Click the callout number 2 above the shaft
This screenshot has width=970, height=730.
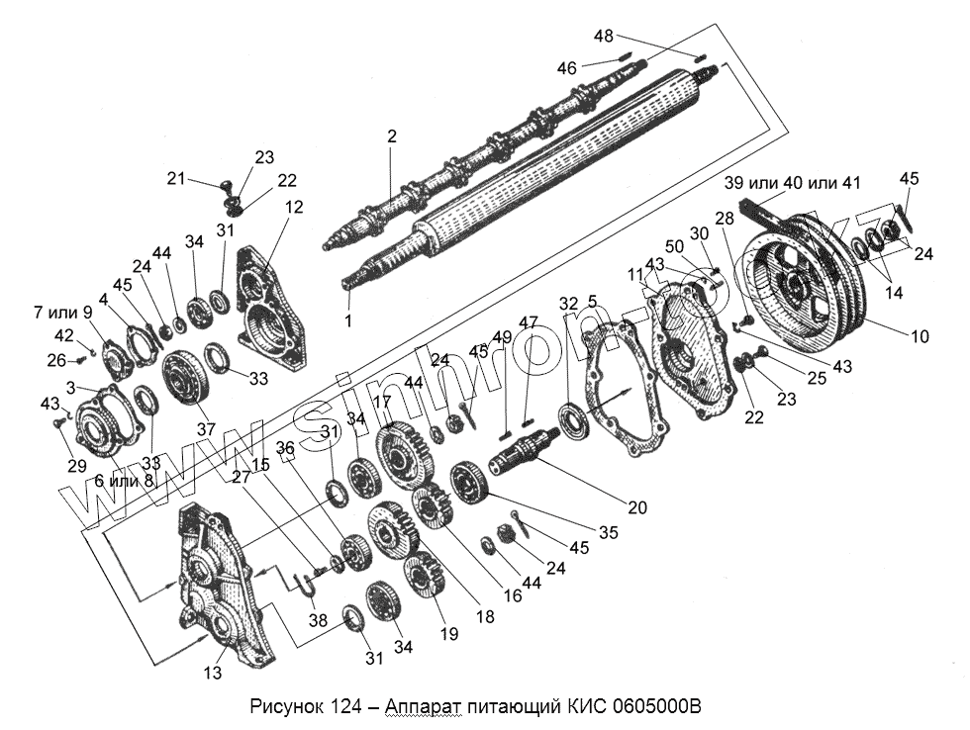coord(392,137)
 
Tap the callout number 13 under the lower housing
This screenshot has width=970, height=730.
coord(213,673)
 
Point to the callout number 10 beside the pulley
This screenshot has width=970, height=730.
coord(921,336)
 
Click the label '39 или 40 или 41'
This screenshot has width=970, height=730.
coord(793,183)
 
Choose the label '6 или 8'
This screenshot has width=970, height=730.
coord(125,480)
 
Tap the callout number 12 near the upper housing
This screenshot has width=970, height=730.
coord(294,207)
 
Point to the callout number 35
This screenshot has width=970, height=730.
coord(608,532)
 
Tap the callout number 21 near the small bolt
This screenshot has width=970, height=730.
coord(176,178)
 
